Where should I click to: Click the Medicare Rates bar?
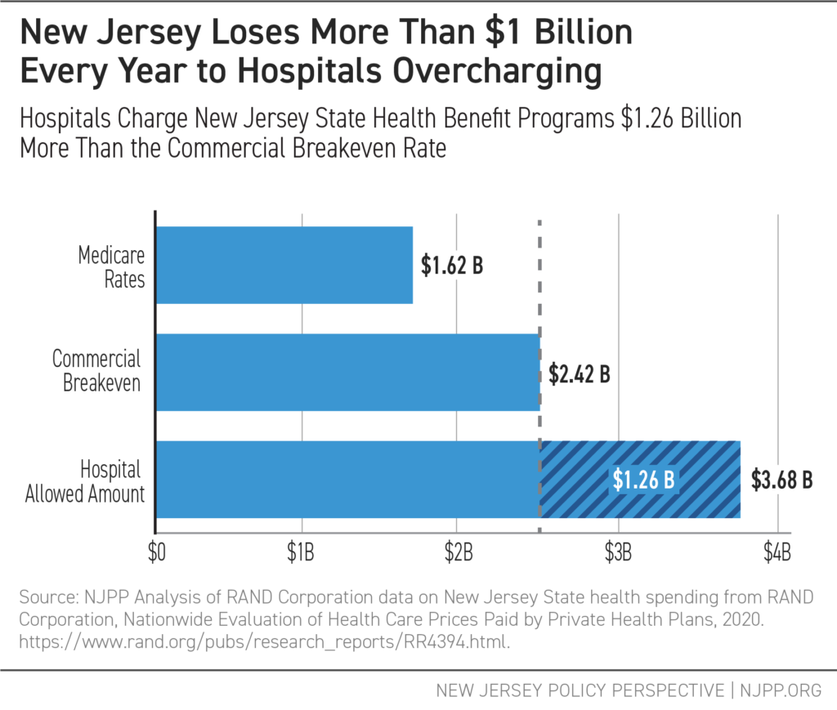pos(284,266)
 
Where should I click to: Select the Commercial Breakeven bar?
pos(347,373)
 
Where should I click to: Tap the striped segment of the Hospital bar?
pos(639,480)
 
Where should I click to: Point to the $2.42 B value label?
pos(580,375)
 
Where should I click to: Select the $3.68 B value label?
pos(781,480)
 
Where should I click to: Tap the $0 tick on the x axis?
pos(155,549)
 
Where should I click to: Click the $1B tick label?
pos(303,549)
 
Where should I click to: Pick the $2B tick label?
pos(459,549)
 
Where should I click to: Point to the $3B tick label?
pos(618,549)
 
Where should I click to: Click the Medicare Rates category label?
pos(111,266)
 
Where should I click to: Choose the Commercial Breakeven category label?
pos(96,371)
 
